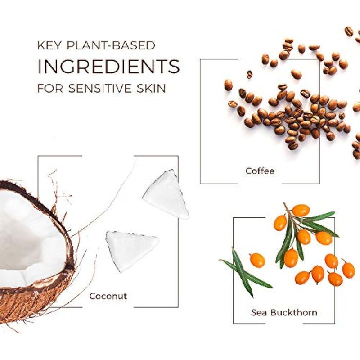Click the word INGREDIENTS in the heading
(x=108, y=66)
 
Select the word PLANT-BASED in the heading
(x=111, y=45)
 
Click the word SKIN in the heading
(x=151, y=88)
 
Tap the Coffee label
(x=260, y=171)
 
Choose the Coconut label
(x=108, y=296)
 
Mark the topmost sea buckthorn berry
(x=301, y=210)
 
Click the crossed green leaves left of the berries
(x=246, y=272)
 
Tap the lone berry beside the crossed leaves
(x=257, y=261)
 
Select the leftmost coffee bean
(x=228, y=85)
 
